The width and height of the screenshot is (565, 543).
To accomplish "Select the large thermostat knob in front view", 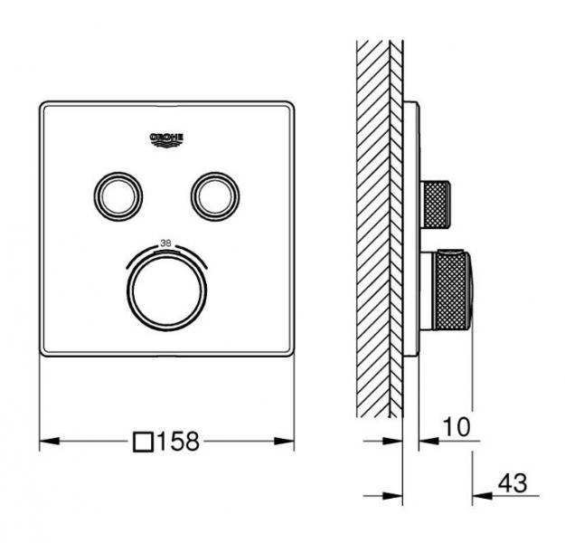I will [168, 286].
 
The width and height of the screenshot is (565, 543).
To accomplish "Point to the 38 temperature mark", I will [165, 243].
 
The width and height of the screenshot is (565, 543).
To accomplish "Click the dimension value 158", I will [177, 443].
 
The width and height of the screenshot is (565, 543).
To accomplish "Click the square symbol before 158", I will [143, 443].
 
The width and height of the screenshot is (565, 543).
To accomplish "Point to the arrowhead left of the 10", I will [426, 443].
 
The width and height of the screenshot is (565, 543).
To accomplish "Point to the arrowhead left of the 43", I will [478, 495].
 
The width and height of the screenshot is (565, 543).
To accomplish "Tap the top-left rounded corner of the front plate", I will [44, 108].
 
